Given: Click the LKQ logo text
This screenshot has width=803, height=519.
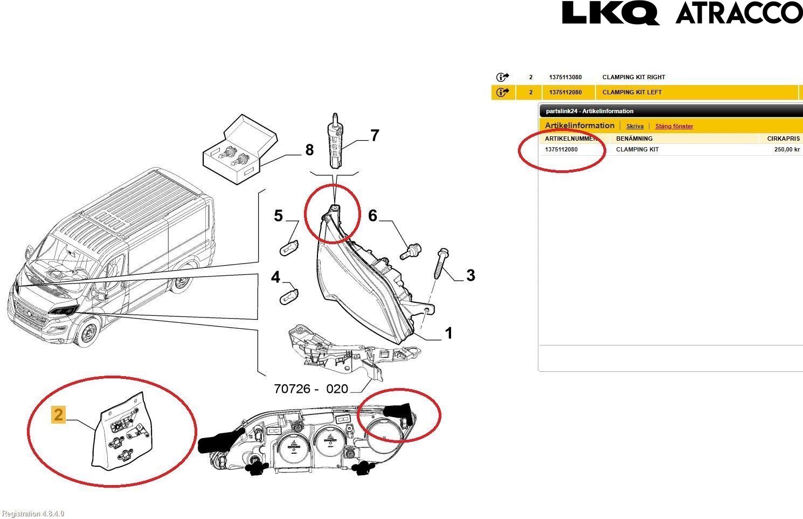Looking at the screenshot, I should pos(610,13).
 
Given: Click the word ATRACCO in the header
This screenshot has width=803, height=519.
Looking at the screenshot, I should pos(739,13).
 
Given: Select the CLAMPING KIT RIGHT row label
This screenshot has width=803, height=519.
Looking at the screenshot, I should pos(633,77).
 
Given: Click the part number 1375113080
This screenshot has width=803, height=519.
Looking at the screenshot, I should pos(565,77).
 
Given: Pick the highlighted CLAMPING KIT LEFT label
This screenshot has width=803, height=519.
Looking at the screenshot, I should pos(632,92).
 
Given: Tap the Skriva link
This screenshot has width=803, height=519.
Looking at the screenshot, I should pos(634,126).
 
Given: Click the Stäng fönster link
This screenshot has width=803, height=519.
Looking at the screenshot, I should pos(674,126).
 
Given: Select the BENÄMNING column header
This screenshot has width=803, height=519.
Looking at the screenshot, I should pos(634,139).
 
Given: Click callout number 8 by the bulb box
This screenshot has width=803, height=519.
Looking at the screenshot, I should pos(309,149).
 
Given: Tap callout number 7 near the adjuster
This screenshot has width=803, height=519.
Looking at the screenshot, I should pos(374,135).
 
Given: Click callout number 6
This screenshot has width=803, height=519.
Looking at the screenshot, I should pos(372,216).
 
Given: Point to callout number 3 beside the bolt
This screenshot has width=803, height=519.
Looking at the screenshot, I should pos(470,275).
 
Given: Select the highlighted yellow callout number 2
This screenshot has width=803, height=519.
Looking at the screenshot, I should pos(58,414).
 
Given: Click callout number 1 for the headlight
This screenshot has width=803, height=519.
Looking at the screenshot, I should pos(448,334).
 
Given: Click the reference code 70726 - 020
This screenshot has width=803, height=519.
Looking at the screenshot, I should pos(311,388).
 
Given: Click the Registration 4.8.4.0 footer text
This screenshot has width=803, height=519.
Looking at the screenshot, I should pos(33,514).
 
